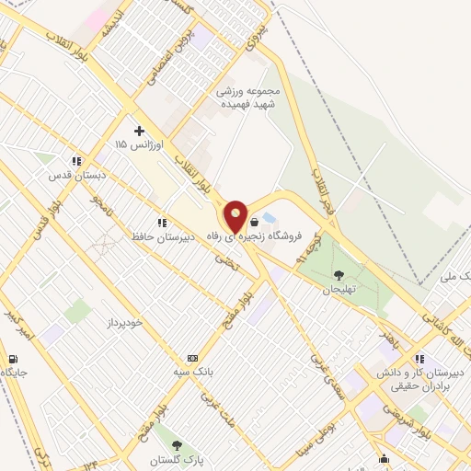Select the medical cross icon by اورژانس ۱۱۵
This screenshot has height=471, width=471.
point(139,131)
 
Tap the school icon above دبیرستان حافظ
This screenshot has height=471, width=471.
point(162,222)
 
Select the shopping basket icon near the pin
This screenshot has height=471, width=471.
point(254,222)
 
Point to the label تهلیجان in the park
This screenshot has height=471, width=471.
point(338,288)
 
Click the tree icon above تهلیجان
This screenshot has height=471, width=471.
point(339,274)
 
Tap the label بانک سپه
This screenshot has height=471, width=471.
point(192,372)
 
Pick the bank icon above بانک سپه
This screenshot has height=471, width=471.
point(192,358)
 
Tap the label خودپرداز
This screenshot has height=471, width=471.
point(102,324)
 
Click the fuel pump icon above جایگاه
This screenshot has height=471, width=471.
point(12,359)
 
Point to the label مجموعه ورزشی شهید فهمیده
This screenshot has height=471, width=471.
point(247,98)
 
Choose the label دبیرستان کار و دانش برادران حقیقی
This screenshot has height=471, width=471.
point(429,379)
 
